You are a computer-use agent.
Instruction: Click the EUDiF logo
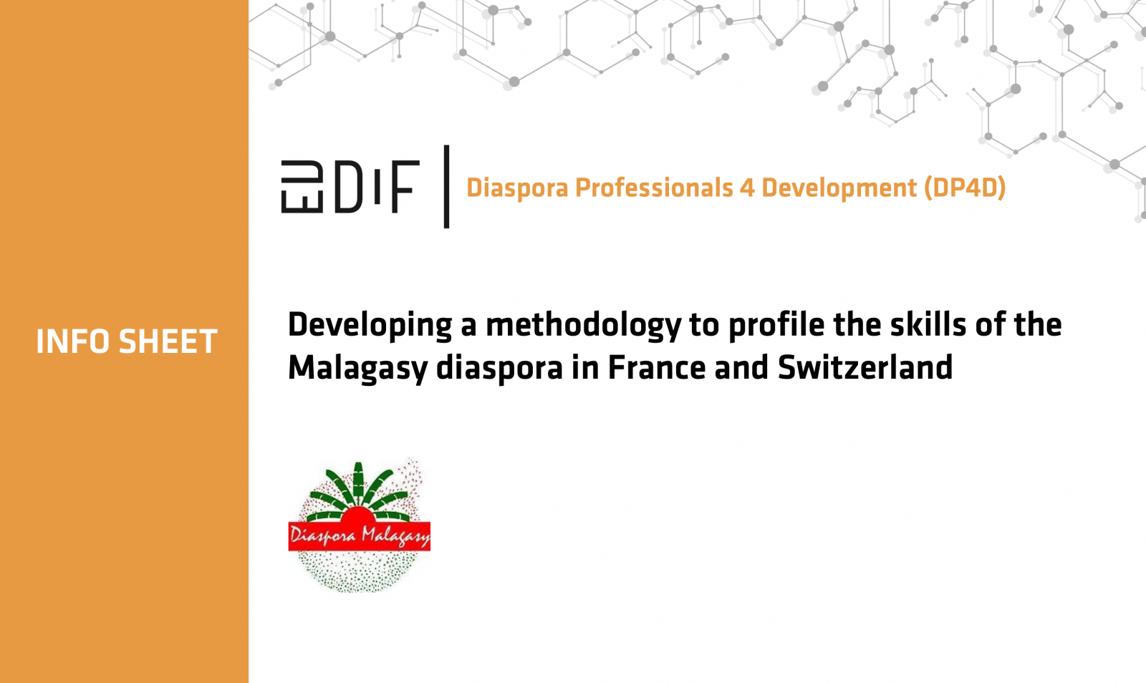point(350,187)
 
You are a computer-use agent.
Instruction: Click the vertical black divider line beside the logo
point(447,187)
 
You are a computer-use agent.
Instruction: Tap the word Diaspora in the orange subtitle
point(516,188)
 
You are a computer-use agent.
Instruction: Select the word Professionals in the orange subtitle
point(654,188)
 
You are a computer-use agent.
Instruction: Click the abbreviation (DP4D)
point(965,188)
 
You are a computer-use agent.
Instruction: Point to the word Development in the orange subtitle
point(839,188)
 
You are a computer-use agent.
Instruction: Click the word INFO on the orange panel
point(74,341)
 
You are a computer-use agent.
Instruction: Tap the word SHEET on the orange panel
point(168,341)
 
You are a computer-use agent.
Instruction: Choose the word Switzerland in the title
point(865,367)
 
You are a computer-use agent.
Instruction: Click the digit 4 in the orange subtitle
point(746,188)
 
